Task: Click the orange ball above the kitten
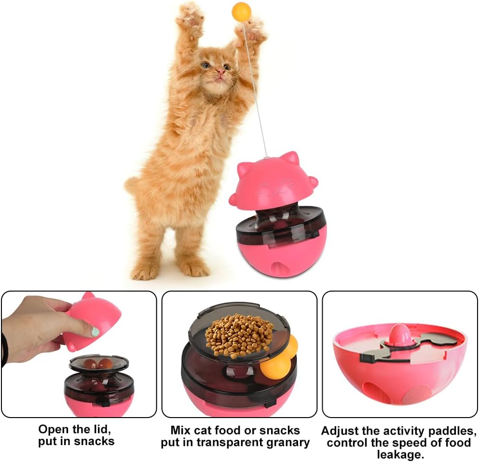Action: (241, 11)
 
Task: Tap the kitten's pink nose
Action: (219, 72)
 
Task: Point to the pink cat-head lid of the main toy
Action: (273, 181)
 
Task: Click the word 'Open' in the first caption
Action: (53, 429)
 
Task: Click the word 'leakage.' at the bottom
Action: (399, 455)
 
